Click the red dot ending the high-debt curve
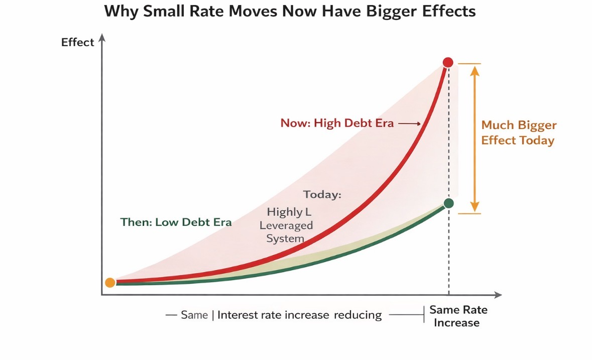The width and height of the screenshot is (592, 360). [448, 62]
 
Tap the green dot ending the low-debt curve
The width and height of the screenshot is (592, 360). [449, 203]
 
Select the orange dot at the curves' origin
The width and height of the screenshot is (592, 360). [110, 283]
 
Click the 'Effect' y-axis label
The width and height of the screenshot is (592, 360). [77, 42]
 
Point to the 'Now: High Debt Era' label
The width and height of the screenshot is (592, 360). [337, 123]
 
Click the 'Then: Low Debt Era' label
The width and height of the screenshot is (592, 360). [176, 222]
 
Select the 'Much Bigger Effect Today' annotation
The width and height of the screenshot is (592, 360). [519, 133]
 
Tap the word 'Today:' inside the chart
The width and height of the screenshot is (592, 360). [322, 194]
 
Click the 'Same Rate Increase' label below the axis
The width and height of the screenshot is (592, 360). [458, 316]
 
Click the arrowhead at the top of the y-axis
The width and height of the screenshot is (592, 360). [102, 37]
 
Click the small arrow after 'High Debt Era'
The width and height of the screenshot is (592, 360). [414, 124]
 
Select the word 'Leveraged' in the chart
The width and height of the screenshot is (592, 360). [286, 225]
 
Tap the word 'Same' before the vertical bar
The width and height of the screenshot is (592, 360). [194, 315]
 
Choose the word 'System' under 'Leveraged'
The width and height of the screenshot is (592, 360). [285, 238]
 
